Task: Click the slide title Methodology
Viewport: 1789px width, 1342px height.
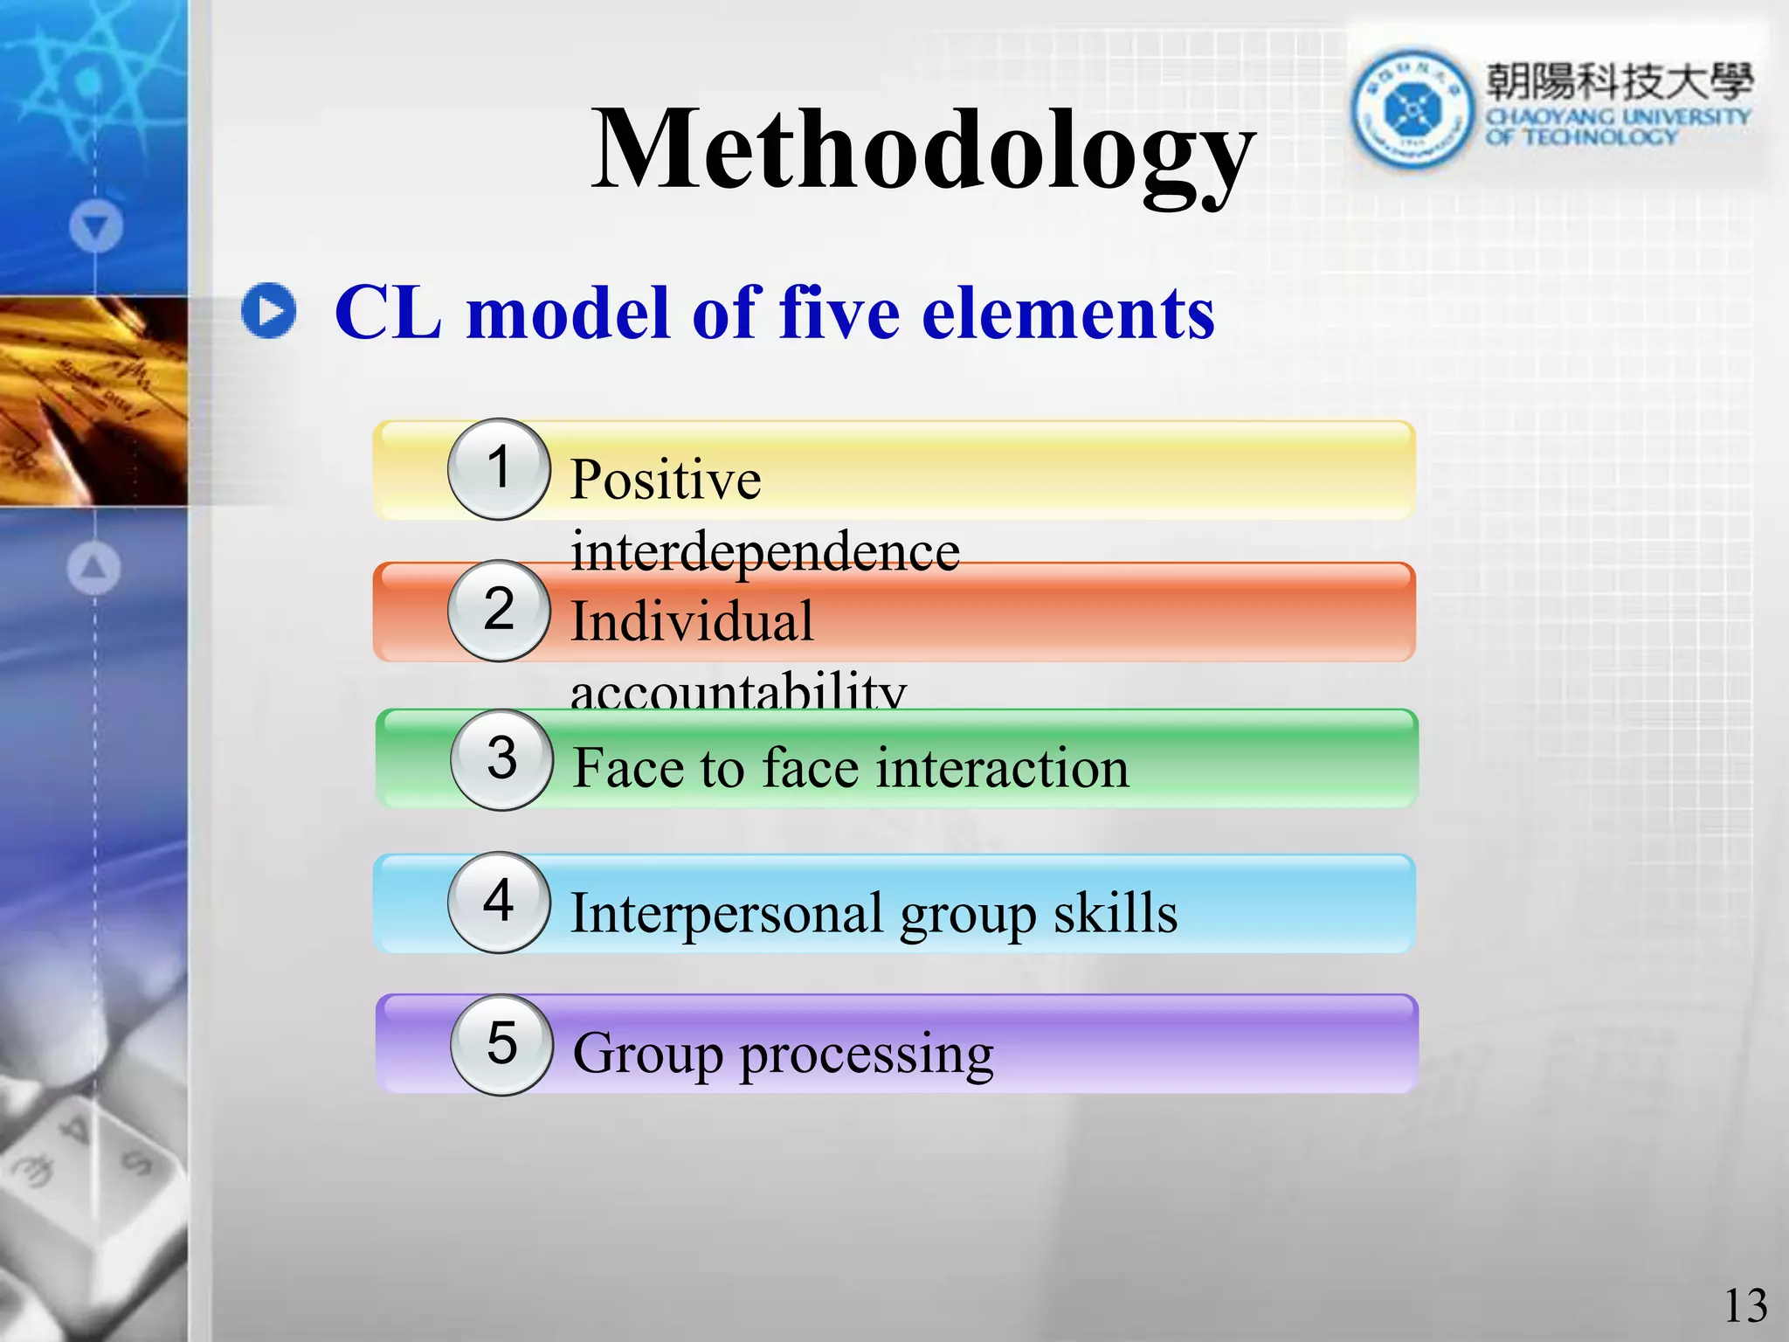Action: click(x=922, y=150)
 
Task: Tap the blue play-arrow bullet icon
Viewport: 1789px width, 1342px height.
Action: click(x=268, y=310)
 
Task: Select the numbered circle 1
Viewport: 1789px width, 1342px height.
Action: click(x=499, y=469)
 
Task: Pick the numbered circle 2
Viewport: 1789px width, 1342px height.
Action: click(x=499, y=610)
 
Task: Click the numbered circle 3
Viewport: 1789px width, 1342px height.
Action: click(x=501, y=759)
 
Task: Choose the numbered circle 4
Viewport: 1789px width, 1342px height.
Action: click(x=499, y=902)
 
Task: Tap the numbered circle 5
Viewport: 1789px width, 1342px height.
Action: click(x=501, y=1044)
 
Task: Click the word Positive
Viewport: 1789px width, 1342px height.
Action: click(x=666, y=480)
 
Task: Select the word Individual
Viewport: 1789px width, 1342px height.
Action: click(x=692, y=621)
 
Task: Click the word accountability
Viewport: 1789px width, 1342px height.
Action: click(x=738, y=693)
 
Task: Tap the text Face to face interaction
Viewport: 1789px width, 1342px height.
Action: click(x=851, y=768)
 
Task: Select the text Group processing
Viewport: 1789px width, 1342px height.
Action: click(x=783, y=1053)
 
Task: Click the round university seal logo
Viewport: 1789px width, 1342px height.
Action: click(x=1410, y=109)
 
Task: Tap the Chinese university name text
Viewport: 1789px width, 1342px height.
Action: click(x=1620, y=82)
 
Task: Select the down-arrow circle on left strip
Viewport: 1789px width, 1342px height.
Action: click(x=96, y=227)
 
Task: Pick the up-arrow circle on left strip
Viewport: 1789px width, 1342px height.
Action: click(x=94, y=568)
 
